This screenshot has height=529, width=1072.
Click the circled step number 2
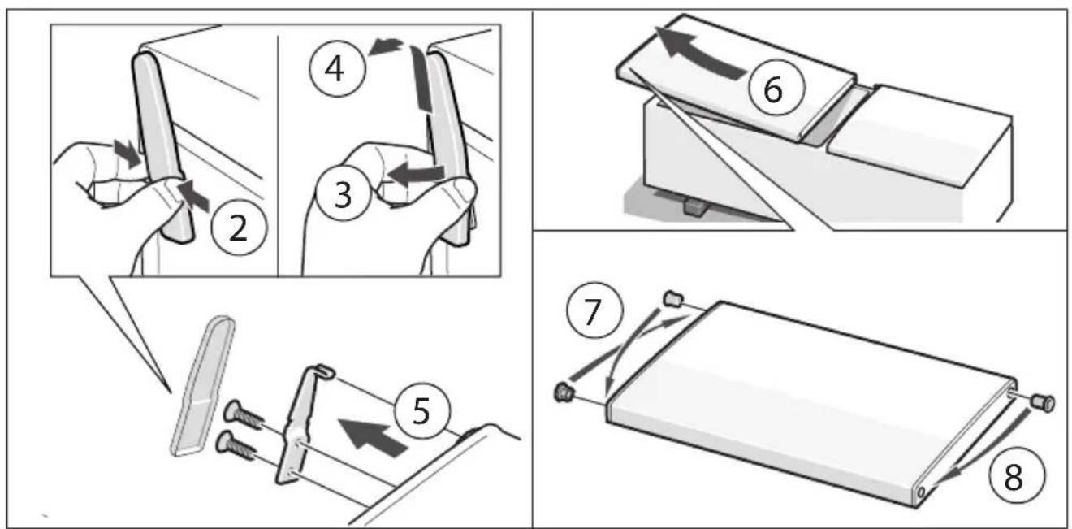click(x=238, y=228)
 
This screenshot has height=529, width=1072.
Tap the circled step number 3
click(x=343, y=194)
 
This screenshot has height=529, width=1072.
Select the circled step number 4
click(x=336, y=68)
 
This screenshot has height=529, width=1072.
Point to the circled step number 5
click(x=421, y=410)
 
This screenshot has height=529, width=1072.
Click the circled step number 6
click(x=776, y=87)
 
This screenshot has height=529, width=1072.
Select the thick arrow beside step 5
click(x=372, y=436)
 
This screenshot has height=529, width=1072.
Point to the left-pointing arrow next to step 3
click(x=416, y=173)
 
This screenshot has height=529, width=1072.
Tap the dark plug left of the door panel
click(x=564, y=392)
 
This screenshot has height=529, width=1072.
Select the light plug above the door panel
click(x=672, y=298)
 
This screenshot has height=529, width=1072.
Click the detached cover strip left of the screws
click(x=203, y=386)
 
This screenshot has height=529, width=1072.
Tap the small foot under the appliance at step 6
click(x=695, y=207)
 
